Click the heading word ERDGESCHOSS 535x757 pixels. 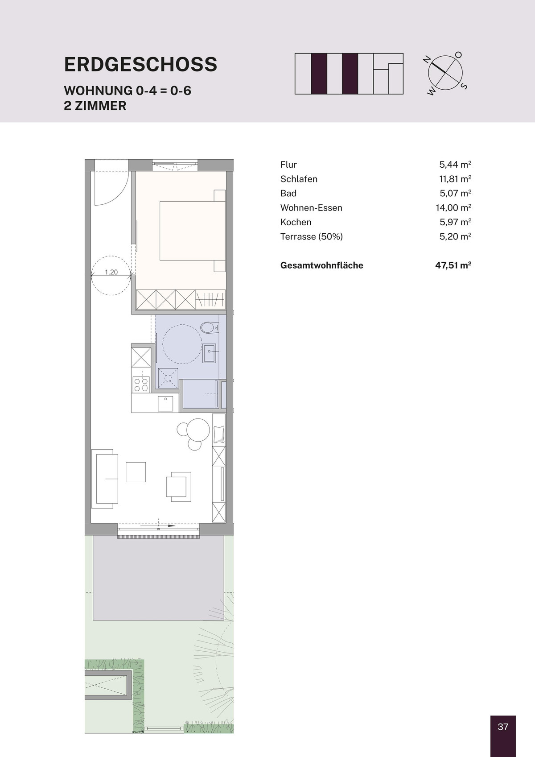tap(140, 64)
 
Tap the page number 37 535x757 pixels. tap(503, 727)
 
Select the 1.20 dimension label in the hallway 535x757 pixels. tap(111, 272)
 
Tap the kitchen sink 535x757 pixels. tap(165, 403)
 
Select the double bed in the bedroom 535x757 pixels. tap(193, 231)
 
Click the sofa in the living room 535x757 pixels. tap(105, 479)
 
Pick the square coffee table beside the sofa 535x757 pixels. tap(136, 472)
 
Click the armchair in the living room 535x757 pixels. tap(179, 487)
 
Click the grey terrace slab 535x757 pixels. tap(158, 579)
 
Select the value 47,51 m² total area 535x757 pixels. tap(453, 265)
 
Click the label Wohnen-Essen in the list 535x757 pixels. tap(311, 208)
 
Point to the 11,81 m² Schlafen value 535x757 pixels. tap(455, 179)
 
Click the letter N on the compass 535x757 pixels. tap(427, 60)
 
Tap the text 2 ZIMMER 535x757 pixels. tap(95, 106)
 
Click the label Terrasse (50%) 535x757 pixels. tap(311, 236)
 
